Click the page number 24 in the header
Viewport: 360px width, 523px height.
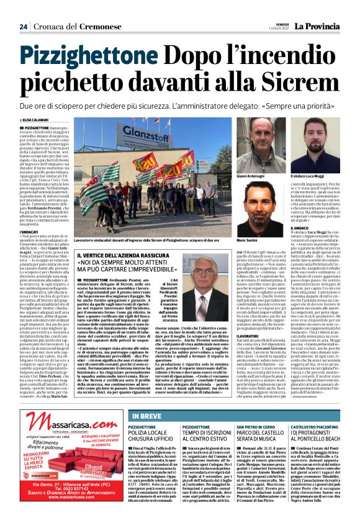[23, 26]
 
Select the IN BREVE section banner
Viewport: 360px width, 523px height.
[148, 416]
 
